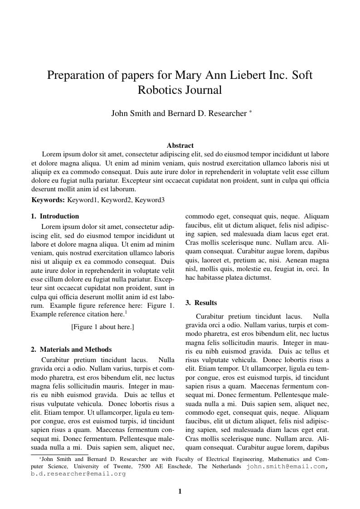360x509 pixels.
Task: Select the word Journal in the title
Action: tap(203, 90)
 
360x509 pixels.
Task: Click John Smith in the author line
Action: tap(131, 114)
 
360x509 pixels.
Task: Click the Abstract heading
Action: tap(180, 145)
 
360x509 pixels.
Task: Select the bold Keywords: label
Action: tap(48, 200)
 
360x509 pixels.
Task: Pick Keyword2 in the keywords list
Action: tap(117, 200)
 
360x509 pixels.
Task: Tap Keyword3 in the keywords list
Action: tap(150, 200)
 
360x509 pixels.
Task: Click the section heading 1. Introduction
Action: tap(55, 217)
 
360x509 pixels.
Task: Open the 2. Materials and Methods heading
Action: tap(71, 349)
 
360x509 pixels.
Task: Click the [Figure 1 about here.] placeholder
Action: tap(102, 327)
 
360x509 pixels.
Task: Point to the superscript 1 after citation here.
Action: tap(126, 312)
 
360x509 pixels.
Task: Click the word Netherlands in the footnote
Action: tap(226, 466)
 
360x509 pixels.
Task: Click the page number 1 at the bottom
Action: tap(180, 491)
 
